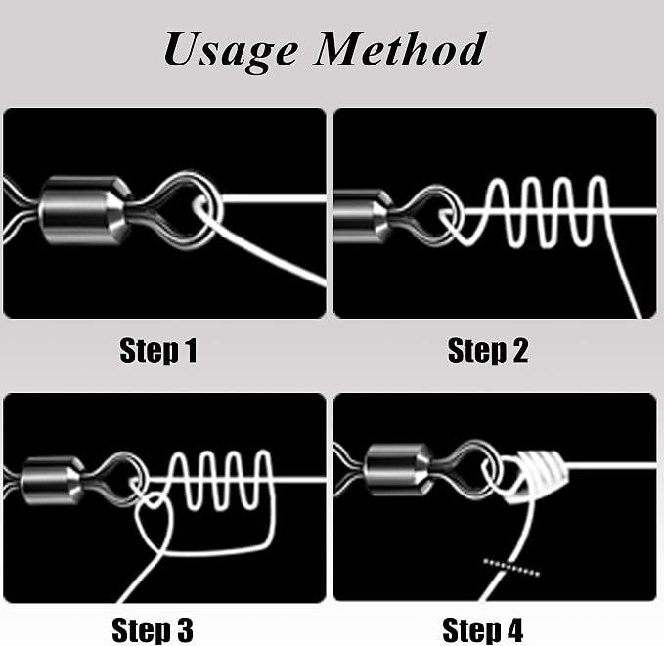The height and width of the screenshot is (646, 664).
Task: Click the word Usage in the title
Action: (x=231, y=52)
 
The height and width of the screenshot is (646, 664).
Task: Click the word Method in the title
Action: (x=400, y=50)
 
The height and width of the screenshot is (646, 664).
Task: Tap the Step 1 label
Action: (x=158, y=350)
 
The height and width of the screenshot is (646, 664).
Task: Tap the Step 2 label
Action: (x=488, y=350)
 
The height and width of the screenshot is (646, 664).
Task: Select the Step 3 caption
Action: (x=153, y=630)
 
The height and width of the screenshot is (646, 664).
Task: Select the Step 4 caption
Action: (x=482, y=630)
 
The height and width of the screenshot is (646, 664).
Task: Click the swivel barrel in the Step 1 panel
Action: (x=85, y=210)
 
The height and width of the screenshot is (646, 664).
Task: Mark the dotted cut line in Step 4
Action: (x=511, y=567)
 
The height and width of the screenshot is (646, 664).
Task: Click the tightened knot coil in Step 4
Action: (x=538, y=476)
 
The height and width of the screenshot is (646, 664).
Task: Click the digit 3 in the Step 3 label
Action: (x=185, y=630)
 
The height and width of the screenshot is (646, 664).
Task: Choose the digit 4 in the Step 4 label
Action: (x=515, y=630)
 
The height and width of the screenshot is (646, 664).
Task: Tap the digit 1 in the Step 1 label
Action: (x=192, y=350)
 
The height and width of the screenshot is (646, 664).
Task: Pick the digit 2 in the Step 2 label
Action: (x=520, y=350)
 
